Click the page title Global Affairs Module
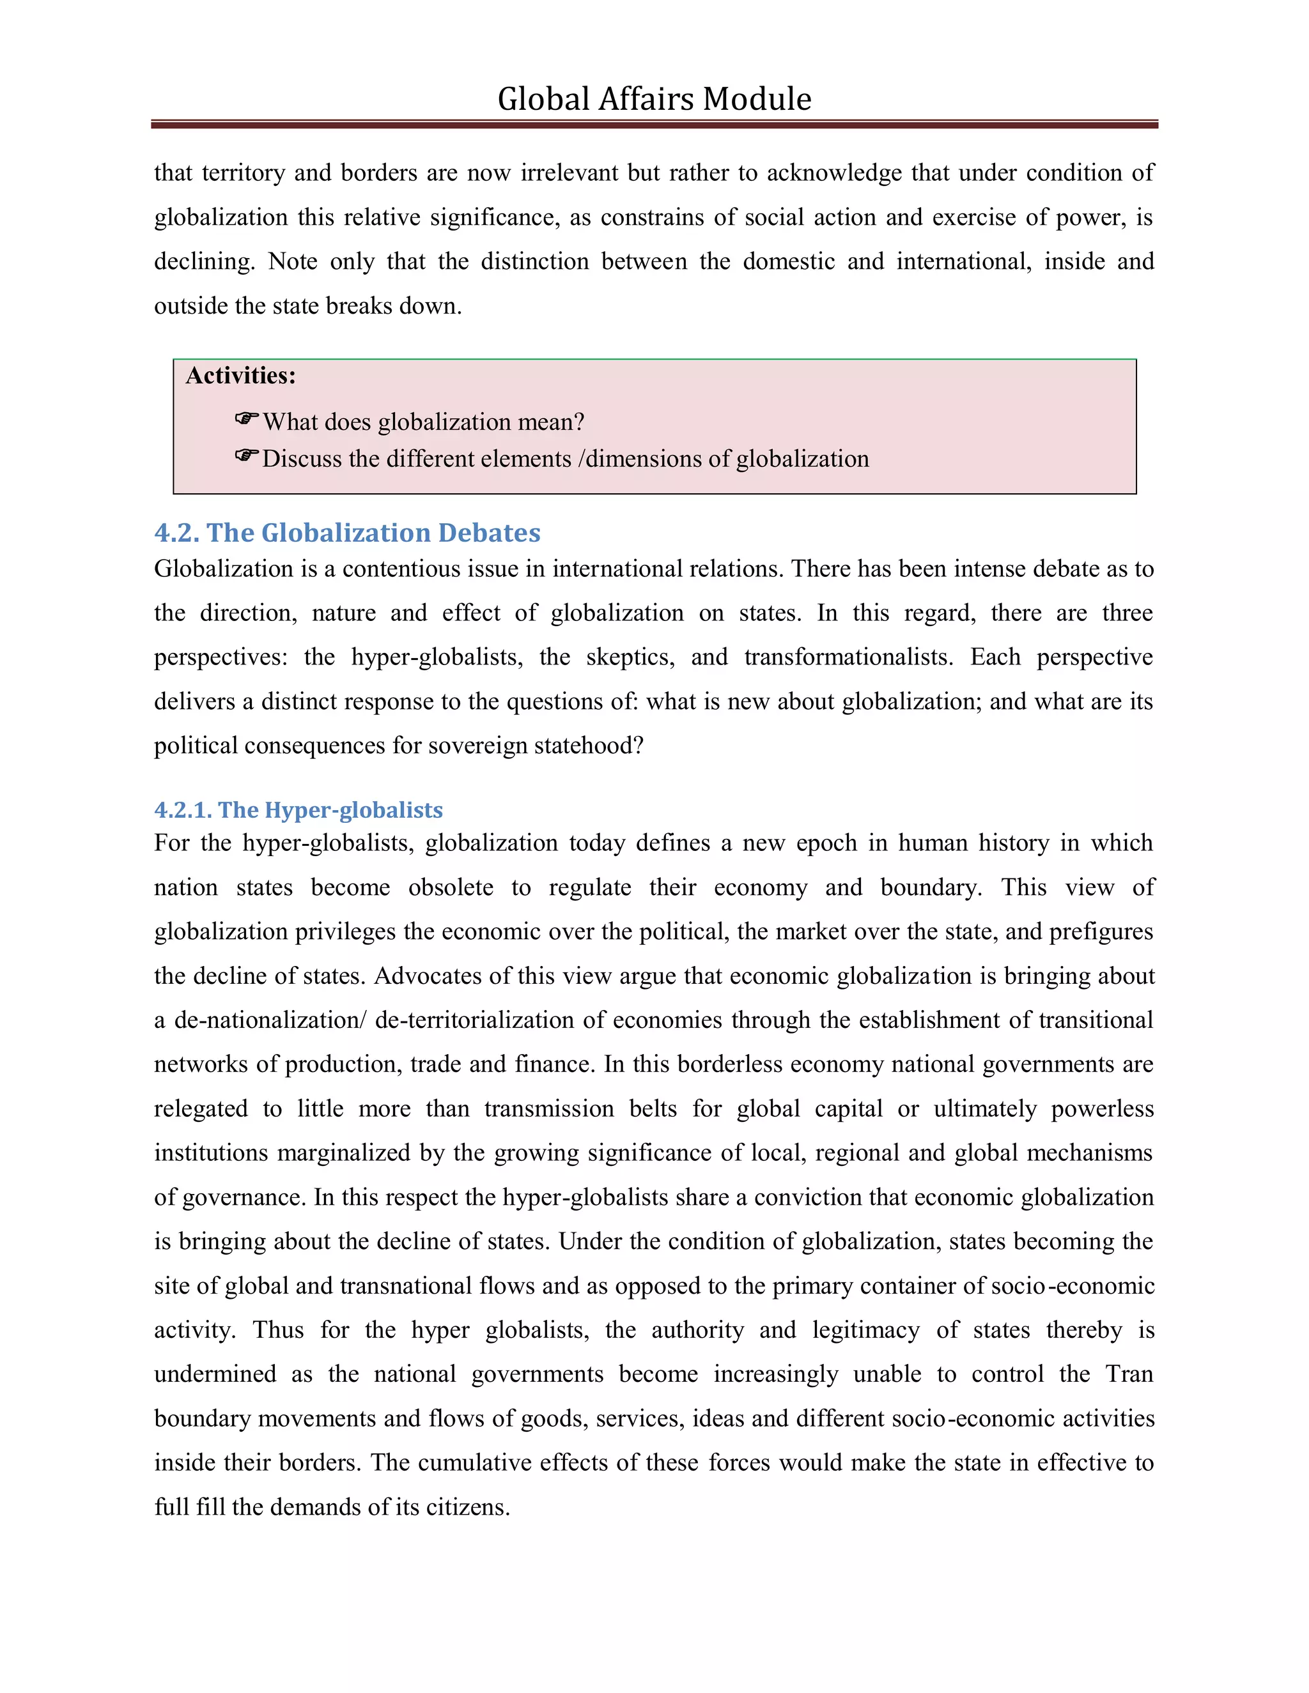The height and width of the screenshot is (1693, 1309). coord(654,99)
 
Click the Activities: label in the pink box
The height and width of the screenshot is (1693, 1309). coord(240,376)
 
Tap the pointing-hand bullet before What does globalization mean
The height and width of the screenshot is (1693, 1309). coord(247,419)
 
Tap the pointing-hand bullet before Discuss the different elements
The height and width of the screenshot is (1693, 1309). coord(247,456)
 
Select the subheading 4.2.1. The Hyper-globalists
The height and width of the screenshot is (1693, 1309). coord(298,810)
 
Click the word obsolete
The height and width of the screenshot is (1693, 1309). coord(451,887)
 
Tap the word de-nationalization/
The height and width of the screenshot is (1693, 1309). coord(269,1020)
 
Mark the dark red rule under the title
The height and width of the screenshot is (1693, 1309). coord(654,124)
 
